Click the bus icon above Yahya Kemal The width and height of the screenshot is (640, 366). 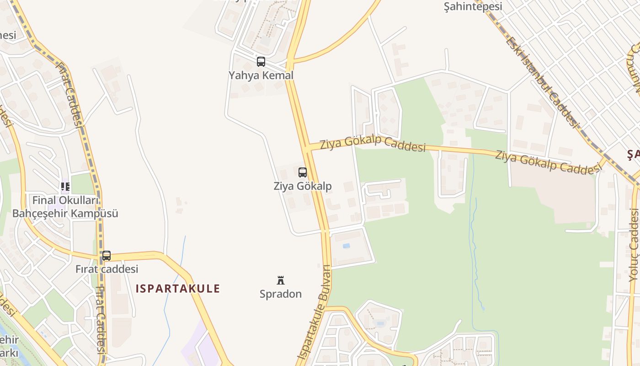click(x=261, y=61)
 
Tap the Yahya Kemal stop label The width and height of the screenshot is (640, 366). click(x=261, y=75)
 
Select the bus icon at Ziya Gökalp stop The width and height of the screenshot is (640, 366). click(x=302, y=172)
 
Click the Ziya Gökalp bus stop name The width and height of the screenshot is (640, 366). click(x=302, y=186)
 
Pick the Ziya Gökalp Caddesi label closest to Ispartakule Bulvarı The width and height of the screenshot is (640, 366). click(x=373, y=144)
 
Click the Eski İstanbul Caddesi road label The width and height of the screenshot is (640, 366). click(x=542, y=82)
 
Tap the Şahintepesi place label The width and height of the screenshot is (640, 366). click(x=473, y=6)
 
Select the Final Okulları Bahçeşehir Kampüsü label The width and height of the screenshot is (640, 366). click(x=65, y=207)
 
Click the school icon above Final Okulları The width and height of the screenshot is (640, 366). click(x=65, y=186)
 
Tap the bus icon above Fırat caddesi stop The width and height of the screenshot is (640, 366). click(x=107, y=256)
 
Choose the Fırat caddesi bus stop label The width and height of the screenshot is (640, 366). click(x=107, y=269)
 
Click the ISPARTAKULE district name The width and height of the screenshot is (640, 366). click(x=178, y=289)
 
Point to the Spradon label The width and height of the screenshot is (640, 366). click(x=281, y=294)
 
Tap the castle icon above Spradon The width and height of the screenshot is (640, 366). click(x=281, y=280)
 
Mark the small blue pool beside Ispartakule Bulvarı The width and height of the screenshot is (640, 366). click(x=346, y=246)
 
